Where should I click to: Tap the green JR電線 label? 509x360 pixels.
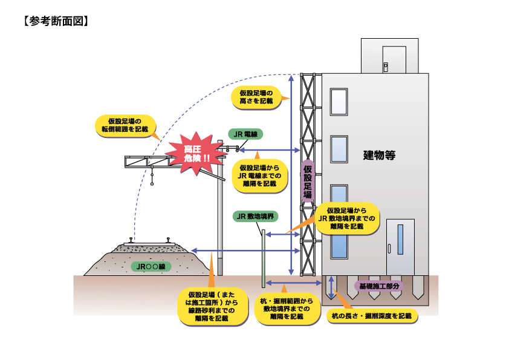245,134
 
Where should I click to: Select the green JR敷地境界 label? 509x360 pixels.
254,216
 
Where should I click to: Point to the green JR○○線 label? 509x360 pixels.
151,266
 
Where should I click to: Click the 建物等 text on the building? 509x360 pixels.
379,155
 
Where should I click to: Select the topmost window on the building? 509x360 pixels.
339,102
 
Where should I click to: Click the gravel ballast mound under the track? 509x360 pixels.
145,257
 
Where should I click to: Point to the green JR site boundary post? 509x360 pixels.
264,257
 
